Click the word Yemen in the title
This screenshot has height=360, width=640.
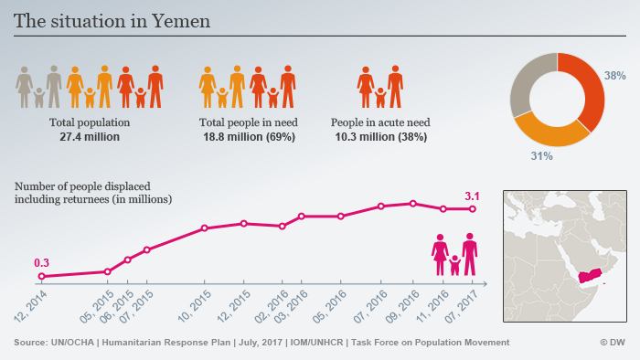point(181,21)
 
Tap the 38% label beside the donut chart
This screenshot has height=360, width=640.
point(614,76)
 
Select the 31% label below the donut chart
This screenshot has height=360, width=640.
point(541,155)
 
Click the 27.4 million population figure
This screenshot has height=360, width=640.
point(90,136)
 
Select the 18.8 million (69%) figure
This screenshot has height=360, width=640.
point(249,136)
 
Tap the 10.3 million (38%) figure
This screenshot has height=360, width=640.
point(381,136)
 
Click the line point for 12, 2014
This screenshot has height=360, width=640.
point(41,277)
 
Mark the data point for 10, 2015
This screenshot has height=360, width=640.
point(205,228)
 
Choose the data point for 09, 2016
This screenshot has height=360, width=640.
point(413,204)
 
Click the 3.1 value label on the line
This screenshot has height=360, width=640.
point(472,196)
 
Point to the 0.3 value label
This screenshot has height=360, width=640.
point(41,263)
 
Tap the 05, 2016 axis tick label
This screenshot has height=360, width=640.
point(330,306)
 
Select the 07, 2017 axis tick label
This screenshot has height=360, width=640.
point(461,306)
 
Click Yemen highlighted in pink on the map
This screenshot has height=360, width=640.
point(591,276)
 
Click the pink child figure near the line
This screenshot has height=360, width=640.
point(454,265)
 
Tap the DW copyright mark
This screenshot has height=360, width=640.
point(613,342)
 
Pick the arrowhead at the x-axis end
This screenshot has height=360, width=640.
point(485,284)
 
